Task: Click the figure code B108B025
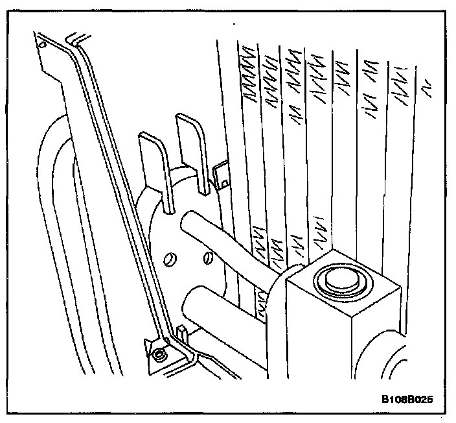[x=406, y=398]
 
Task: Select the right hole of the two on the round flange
[x=208, y=260]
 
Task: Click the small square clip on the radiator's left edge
[x=221, y=174]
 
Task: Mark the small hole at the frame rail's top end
[x=43, y=45]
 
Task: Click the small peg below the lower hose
[x=183, y=334]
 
